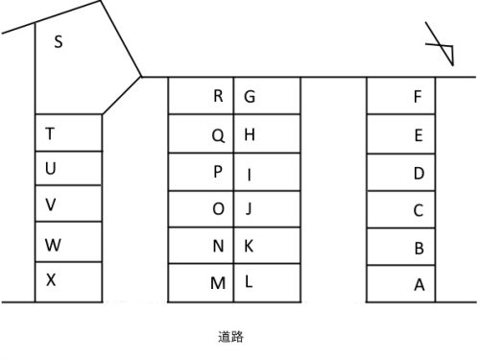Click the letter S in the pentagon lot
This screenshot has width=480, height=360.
pos(59,42)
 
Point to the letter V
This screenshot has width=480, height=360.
pos(51,204)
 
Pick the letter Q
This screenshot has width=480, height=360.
pos(218,134)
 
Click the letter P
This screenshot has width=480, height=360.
pos(218,172)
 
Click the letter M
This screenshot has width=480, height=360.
pos(218,283)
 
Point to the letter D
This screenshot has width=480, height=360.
pos(419,173)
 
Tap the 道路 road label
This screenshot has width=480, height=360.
pos(231,337)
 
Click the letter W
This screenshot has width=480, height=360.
pos(53,245)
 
